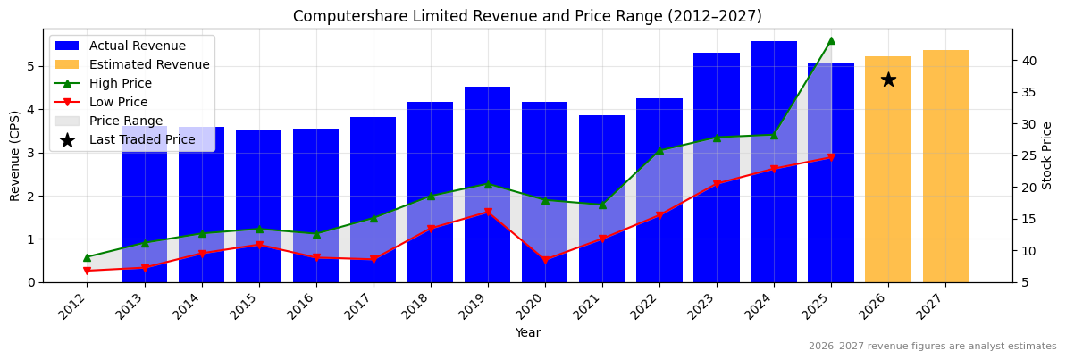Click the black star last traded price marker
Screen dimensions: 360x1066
(888, 80)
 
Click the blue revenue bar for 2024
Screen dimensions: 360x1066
(774, 161)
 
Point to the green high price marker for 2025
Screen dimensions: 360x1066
(831, 40)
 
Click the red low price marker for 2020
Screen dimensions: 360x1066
(545, 260)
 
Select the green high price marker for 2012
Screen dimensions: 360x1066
(87, 257)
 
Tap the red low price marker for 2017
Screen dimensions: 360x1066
(374, 259)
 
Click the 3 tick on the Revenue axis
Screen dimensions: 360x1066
(31, 153)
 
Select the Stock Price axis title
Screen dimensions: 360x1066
(1047, 155)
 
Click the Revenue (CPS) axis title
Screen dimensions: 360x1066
(15, 155)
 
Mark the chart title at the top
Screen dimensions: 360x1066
(527, 16)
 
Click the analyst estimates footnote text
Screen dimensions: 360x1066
(932, 346)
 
